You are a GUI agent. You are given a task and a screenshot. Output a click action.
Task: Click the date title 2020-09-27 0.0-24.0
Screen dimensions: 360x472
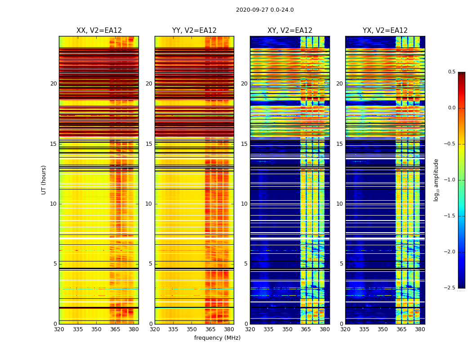tap(265, 10)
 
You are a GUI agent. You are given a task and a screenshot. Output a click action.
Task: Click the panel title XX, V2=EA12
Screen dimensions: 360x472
tap(99, 31)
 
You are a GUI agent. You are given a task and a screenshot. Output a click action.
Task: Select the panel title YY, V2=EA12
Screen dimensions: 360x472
tap(194, 31)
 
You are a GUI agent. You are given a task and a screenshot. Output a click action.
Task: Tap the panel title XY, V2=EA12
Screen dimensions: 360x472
tap(290, 31)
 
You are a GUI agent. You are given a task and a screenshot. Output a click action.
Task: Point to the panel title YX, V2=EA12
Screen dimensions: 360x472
tap(385, 31)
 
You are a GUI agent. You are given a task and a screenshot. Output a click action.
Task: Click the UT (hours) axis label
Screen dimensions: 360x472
tap(44, 180)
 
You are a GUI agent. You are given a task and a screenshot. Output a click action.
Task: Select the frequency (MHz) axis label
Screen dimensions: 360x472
tap(217, 338)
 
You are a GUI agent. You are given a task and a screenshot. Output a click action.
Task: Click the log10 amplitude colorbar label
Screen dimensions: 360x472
tap(436, 180)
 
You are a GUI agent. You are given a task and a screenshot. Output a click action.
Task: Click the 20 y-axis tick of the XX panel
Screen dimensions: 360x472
tap(53, 84)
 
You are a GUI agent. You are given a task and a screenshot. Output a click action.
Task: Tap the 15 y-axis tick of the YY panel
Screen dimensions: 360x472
tap(149, 144)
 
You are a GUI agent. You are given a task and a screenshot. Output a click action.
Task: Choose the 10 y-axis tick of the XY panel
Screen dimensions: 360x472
tap(244, 204)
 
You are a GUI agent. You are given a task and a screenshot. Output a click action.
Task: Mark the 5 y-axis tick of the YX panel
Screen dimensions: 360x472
tap(341, 264)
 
